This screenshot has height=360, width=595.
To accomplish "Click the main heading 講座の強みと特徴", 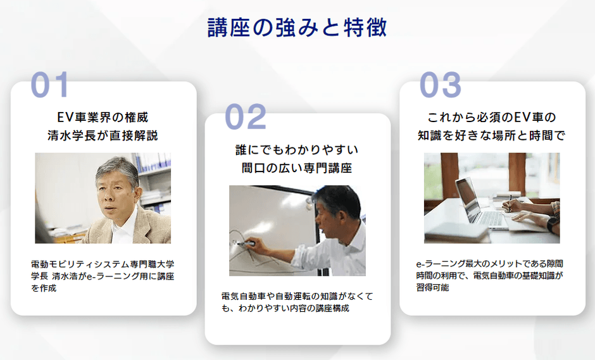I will pyautogui.click(x=297, y=28).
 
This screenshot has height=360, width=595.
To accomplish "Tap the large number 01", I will pyautogui.click(x=49, y=85).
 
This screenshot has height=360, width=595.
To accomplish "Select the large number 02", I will pyautogui.click(x=246, y=117).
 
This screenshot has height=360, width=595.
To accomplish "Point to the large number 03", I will pyautogui.click(x=441, y=85).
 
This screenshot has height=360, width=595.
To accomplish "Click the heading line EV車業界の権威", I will pyautogui.click(x=103, y=117).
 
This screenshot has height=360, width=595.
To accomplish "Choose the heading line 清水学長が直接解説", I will pyautogui.click(x=103, y=135).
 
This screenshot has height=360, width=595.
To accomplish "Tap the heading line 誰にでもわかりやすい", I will pyautogui.click(x=297, y=150).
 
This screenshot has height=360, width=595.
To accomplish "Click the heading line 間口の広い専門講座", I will pyautogui.click(x=297, y=168).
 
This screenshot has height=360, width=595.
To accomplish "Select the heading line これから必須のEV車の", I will pyautogui.click(x=491, y=117).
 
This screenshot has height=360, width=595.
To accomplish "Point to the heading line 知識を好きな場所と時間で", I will pyautogui.click(x=491, y=135).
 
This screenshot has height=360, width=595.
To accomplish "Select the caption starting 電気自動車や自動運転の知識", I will pyautogui.click(x=297, y=302).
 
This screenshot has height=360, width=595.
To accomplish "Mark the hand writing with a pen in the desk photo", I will pyautogui.click(x=513, y=206).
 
